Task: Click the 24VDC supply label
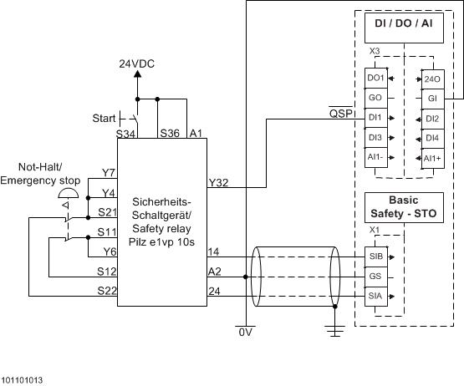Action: pyautogui.click(x=138, y=63)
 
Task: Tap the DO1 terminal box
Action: pyautogui.click(x=375, y=79)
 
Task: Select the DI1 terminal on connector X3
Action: pyautogui.click(x=375, y=118)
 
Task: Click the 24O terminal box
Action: pyautogui.click(x=432, y=79)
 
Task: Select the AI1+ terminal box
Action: pyautogui.click(x=432, y=158)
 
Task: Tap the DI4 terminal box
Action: pyautogui.click(x=432, y=138)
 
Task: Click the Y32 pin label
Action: pyautogui.click(x=217, y=181)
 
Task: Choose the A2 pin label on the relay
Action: pyautogui.click(x=215, y=272)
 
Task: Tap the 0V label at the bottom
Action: pyautogui.click(x=244, y=332)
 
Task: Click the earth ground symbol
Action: pyautogui.click(x=335, y=332)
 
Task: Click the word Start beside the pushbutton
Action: pyautogui.click(x=104, y=119)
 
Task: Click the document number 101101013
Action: pyautogui.click(x=23, y=379)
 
